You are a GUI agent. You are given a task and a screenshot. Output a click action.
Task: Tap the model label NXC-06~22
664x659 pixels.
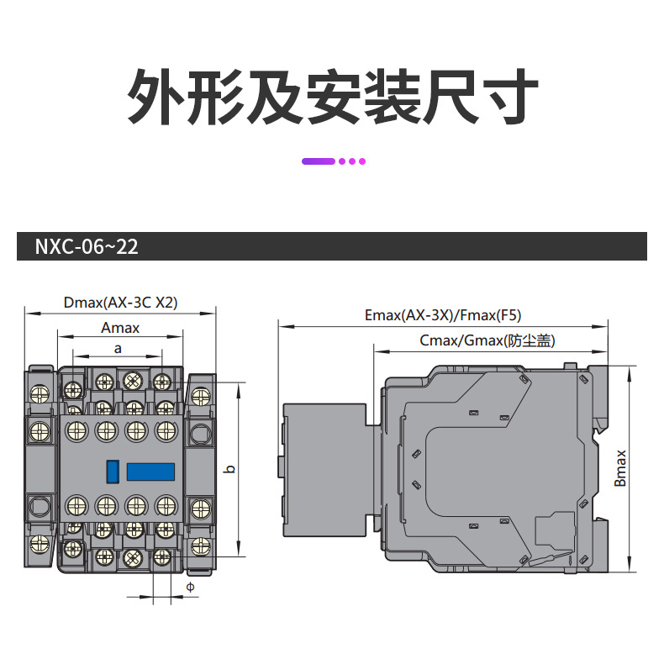[x=87, y=247]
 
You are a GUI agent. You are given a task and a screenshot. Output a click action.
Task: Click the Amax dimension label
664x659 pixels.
[x=120, y=328]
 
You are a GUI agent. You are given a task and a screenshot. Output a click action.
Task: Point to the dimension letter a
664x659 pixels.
[x=118, y=347]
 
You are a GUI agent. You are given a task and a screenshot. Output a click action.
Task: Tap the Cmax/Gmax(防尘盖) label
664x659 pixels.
[x=487, y=340]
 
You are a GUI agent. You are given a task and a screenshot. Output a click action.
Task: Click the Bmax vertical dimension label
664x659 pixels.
[x=620, y=468]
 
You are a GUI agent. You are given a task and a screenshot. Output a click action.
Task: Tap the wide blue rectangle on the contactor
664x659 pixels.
[x=150, y=471]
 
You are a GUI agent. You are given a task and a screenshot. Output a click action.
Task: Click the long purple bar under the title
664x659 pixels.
[x=319, y=161]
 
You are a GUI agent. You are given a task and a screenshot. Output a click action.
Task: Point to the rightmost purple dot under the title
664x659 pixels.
[x=362, y=161]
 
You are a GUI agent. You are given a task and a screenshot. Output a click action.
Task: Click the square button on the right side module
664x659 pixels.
[x=199, y=434]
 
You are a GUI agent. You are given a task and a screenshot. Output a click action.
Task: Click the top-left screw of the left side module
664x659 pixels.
[x=39, y=393]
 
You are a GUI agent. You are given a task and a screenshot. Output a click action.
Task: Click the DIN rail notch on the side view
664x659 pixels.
[x=598, y=429]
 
